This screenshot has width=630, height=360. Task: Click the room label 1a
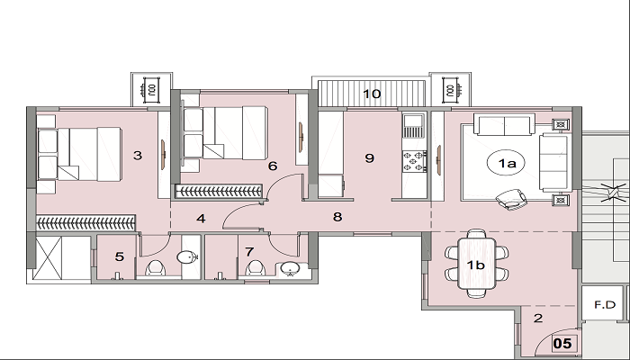(x=507, y=163)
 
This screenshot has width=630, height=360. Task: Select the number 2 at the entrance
(x=538, y=319)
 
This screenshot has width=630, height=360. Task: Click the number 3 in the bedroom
(x=138, y=155)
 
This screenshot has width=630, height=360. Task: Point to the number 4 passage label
(x=201, y=219)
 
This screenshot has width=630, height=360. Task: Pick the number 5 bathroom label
(x=120, y=256)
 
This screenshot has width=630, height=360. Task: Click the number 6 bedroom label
(x=273, y=166)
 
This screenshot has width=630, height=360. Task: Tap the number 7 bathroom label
(x=249, y=252)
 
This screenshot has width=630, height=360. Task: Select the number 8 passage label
(x=337, y=217)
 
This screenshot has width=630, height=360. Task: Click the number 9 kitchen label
(x=369, y=157)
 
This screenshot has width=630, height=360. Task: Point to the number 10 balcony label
(x=372, y=94)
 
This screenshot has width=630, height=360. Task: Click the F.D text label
(x=605, y=305)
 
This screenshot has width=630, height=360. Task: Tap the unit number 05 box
(x=562, y=344)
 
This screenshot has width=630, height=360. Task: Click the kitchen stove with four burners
(x=414, y=161)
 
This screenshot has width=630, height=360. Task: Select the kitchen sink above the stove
(x=413, y=126)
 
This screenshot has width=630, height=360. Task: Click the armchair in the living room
(x=511, y=199)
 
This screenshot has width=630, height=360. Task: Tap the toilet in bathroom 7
(x=255, y=267)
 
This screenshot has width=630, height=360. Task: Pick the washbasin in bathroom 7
(x=289, y=268)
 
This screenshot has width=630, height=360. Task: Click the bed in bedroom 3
(x=79, y=154)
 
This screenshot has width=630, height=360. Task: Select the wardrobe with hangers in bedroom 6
(x=219, y=191)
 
